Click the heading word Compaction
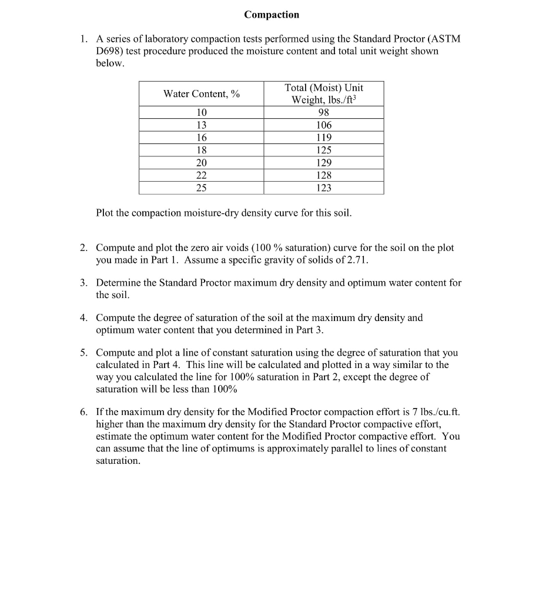(x=272, y=15)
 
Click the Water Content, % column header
(x=202, y=94)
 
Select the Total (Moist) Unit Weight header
(x=323, y=93)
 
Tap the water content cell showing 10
(x=202, y=112)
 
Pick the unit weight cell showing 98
(x=323, y=112)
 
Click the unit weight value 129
(x=323, y=163)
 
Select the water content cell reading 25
(x=202, y=188)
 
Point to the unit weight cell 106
(x=323, y=125)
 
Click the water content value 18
(x=202, y=150)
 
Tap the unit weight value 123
(x=323, y=188)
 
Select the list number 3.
(x=83, y=283)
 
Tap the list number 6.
(x=83, y=412)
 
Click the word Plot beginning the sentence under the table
(x=106, y=213)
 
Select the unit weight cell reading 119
(x=323, y=138)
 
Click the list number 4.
(x=83, y=318)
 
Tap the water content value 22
(x=202, y=175)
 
